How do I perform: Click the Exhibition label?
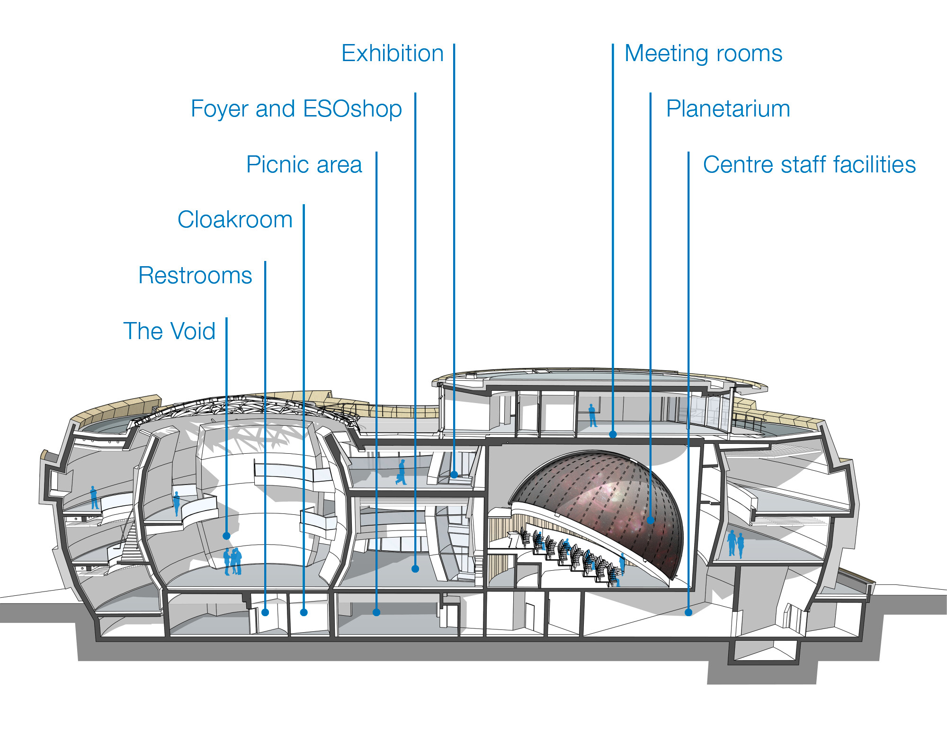[x=393, y=53]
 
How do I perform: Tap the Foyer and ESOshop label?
[x=296, y=109]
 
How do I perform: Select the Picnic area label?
[x=304, y=164]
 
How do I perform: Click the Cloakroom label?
[x=235, y=219]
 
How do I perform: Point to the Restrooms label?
[x=195, y=275]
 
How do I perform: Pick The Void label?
[x=169, y=331]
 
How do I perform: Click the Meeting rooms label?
[x=703, y=54]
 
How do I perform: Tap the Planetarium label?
[x=728, y=109]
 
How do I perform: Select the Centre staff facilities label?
[x=809, y=164]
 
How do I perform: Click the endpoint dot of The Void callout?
[x=226, y=536]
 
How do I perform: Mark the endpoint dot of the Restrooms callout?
[x=265, y=612]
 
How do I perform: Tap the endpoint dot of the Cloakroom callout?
[x=304, y=612]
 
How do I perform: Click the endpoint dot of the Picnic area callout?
[x=376, y=612]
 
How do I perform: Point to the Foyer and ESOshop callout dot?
[x=415, y=569]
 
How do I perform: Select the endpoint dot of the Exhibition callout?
[x=454, y=474]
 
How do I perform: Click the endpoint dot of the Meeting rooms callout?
[x=613, y=434]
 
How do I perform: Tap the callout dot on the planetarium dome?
[x=651, y=520]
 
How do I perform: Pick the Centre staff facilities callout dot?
[x=688, y=612]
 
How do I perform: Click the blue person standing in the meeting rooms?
[x=592, y=415]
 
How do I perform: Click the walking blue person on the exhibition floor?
[x=402, y=472]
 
